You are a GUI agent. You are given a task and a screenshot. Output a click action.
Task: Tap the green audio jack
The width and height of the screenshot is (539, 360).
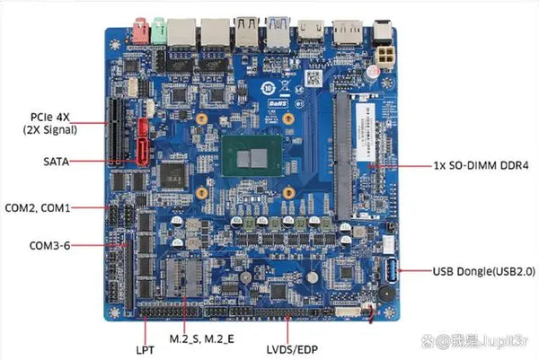point(159,31)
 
